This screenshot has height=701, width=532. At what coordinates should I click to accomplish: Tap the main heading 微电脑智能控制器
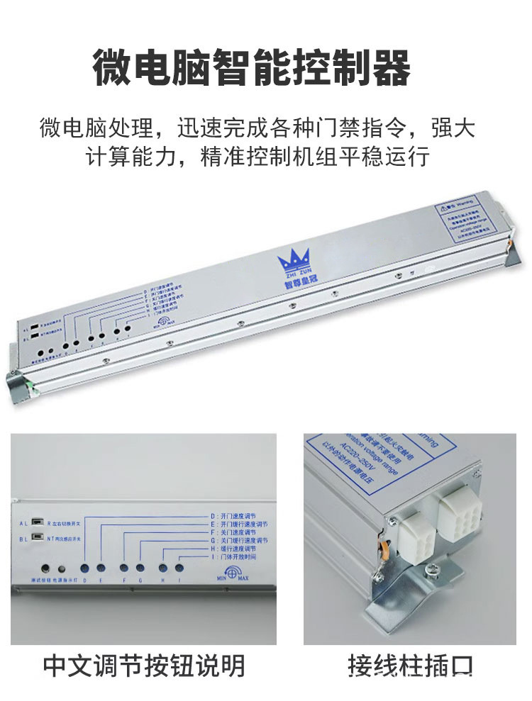click(252, 69)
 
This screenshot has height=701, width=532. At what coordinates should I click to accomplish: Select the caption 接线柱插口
click(410, 666)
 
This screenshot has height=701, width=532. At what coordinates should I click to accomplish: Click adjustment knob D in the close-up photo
click(85, 568)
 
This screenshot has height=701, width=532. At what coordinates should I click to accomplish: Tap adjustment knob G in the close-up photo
click(140, 568)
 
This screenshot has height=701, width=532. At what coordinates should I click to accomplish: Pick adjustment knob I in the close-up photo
click(179, 568)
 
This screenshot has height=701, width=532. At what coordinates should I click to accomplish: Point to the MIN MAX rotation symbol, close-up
click(232, 571)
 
